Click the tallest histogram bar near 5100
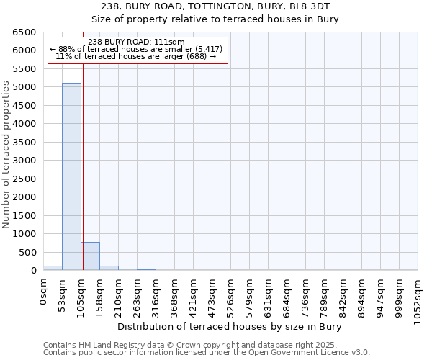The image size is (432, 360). tap(71, 176)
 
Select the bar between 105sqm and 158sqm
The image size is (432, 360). tap(90, 256)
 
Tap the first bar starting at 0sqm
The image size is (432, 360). tap(53, 268)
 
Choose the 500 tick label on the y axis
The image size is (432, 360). tap(29, 252)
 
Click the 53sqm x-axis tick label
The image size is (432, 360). tap(63, 294)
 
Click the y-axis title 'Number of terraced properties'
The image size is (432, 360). tap(6, 154)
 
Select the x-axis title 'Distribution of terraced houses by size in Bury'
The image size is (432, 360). tap(229, 327)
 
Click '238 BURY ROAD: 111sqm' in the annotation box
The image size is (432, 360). tap(136, 42)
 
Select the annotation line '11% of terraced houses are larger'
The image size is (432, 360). tap(136, 56)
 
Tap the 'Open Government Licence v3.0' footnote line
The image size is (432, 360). tap(206, 353)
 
